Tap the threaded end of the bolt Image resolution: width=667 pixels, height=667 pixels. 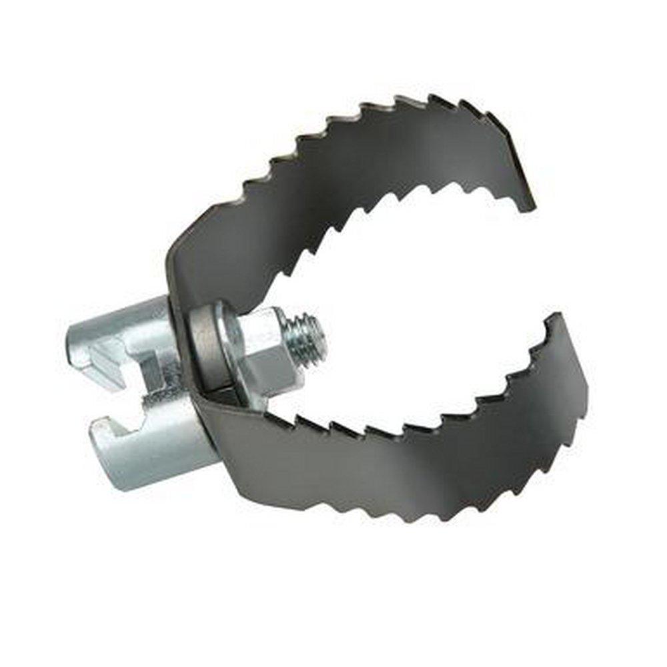coord(312,337)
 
